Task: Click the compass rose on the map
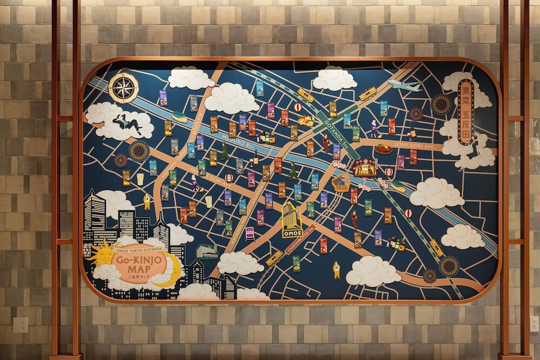(124, 87)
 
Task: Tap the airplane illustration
(404, 85)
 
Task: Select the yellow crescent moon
(172, 273)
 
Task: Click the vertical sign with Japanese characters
(465, 112)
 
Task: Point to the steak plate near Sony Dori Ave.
(383, 149)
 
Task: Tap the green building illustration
(207, 251)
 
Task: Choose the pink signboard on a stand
(249, 233)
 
